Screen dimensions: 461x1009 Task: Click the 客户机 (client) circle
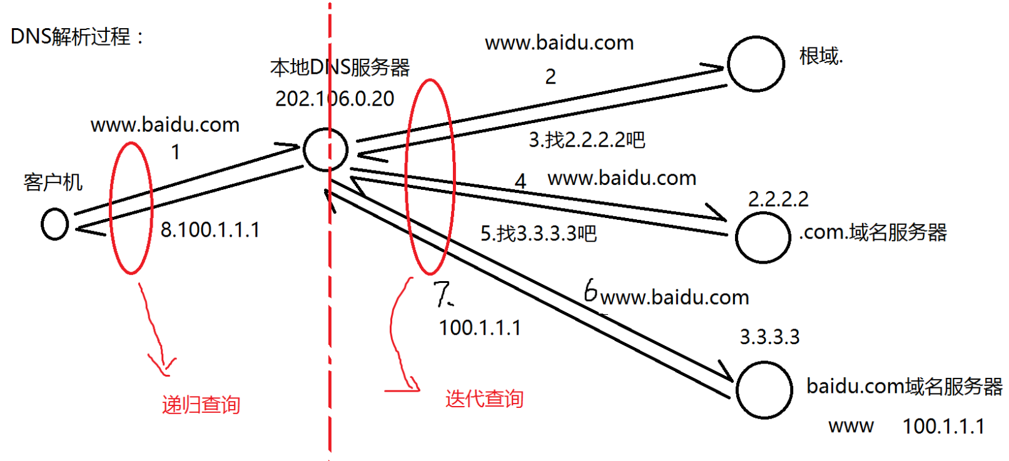coord(54,224)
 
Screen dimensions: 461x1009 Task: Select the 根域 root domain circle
coord(756,64)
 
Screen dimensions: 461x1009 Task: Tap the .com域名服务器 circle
coord(763,237)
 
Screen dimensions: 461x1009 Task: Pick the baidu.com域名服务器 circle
coord(764,390)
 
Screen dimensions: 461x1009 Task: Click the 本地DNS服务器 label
coord(340,67)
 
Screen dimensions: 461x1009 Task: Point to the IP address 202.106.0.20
coord(335,99)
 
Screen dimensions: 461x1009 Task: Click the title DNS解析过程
coord(76,36)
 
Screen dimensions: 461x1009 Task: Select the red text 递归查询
coord(201,405)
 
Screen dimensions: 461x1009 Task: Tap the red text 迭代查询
coord(484,399)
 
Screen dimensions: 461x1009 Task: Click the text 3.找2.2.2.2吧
coord(587,140)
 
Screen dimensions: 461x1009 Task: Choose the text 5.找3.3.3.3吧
coord(538,234)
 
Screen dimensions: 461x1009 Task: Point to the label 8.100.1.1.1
coord(210,230)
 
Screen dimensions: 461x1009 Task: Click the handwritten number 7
coord(443,294)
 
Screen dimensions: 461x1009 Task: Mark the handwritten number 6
coord(590,291)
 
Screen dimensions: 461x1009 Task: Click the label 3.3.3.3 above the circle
coord(769,337)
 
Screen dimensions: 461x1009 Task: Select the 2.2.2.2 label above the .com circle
coord(778,199)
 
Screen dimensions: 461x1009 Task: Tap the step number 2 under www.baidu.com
coord(550,77)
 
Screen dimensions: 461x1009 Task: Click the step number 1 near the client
coord(176,152)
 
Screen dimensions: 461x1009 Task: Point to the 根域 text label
coord(821,56)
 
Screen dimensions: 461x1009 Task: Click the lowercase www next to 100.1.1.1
coord(851,426)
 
